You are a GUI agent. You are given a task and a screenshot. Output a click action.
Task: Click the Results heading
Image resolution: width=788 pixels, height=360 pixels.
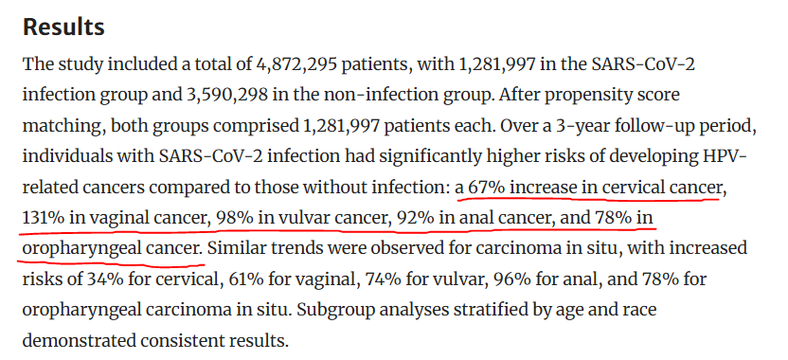pos(63,27)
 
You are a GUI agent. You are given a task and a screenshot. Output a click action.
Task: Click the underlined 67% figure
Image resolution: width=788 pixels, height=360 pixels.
pos(487,188)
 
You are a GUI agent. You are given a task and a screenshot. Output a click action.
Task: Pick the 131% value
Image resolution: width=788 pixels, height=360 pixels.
pos(43,218)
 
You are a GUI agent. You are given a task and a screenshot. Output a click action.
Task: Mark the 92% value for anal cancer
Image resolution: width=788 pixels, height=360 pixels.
pos(416,218)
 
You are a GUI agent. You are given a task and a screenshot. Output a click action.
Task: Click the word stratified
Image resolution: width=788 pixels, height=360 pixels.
pos(480,310)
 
